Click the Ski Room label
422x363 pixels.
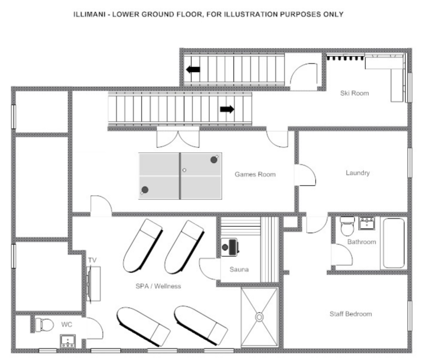(354, 93)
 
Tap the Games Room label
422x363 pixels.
(255, 174)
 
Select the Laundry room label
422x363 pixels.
(357, 172)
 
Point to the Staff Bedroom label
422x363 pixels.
(350, 314)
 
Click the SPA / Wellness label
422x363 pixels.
(158, 286)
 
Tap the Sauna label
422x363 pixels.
(239, 269)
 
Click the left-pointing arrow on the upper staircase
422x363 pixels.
(193, 69)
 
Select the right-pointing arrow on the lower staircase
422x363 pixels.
(227, 109)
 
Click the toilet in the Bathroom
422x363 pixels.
(347, 226)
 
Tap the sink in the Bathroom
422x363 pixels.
(366, 223)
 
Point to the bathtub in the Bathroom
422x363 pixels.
(394, 243)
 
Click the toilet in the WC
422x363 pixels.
(45, 325)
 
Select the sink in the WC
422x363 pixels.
(68, 341)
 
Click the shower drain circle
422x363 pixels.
(259, 317)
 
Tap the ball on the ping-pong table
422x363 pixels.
(184, 170)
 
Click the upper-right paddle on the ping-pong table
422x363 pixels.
(214, 159)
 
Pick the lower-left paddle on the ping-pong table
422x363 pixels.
(145, 190)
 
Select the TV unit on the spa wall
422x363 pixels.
(94, 284)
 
